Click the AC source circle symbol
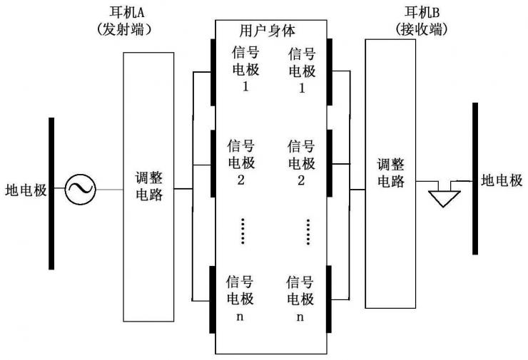coord(80,190)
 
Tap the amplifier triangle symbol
coord(444,197)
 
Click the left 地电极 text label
coord(25,190)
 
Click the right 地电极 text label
coord(502,180)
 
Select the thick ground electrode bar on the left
coord(51,193)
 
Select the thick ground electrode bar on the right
coord(474,178)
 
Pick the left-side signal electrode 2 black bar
coord(213,163)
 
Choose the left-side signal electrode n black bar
coord(213,299)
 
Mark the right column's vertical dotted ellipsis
coord(308,231)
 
